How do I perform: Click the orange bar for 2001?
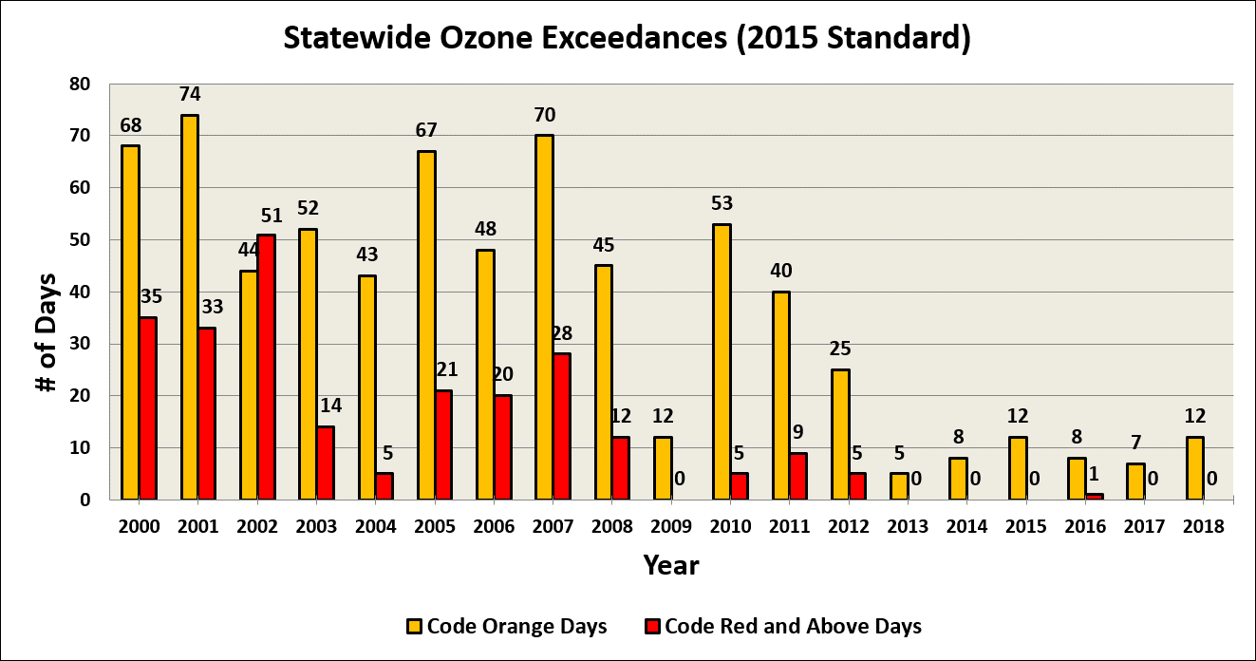tap(189, 307)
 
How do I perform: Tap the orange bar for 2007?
tap(544, 317)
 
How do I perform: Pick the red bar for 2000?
tap(147, 408)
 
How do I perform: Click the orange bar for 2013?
tap(899, 486)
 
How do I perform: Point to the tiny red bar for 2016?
tap(1095, 497)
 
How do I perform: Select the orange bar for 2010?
tap(722, 361)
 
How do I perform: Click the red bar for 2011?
tap(797, 476)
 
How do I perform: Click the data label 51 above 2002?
tap(272, 215)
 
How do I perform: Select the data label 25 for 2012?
tap(840, 349)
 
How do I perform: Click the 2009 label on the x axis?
tap(672, 526)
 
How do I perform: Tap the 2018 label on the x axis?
tap(1205, 526)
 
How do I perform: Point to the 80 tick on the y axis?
tap(80, 84)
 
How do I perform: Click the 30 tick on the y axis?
tap(80, 344)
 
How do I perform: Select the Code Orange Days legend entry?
tap(507, 626)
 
